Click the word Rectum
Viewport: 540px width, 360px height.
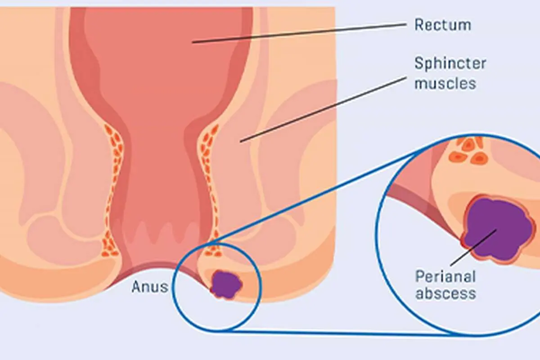443,25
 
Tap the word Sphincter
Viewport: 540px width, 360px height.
450,64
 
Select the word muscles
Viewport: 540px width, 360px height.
445,83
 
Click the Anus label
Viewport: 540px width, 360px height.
150,287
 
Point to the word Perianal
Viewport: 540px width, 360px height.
445,276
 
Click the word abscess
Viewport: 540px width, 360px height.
446,293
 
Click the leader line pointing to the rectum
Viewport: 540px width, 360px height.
299,33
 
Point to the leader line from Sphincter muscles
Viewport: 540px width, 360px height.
323,110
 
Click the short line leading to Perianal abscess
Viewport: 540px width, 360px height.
473,247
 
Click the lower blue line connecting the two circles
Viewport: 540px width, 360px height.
342,333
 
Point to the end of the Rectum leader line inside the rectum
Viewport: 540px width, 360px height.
193,43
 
